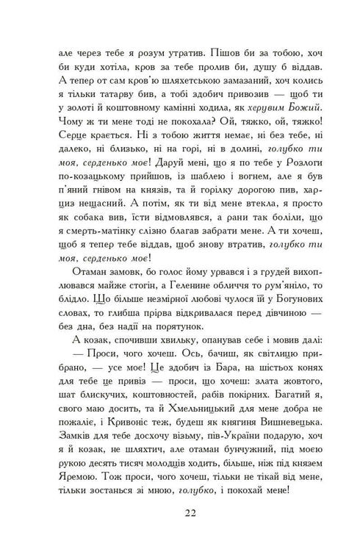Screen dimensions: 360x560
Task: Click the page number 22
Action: point(179,512)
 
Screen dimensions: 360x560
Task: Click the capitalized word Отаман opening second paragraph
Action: point(88,282)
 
